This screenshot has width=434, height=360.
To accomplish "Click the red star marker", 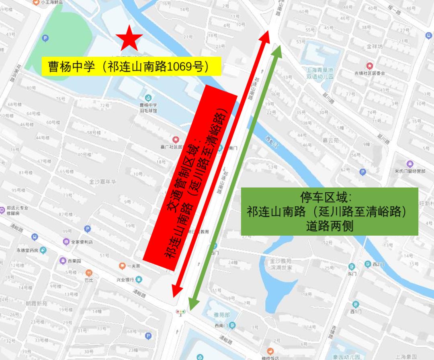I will [129, 38].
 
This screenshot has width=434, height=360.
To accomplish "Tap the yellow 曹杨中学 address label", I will [132, 67].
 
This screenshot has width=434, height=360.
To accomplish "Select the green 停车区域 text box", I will [330, 212].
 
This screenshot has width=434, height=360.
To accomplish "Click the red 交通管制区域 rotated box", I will [190, 175].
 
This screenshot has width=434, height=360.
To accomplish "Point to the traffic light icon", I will [180, 311].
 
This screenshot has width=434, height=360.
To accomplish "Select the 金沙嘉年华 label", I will [102, 181].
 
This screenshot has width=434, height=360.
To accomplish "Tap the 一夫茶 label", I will [133, 266].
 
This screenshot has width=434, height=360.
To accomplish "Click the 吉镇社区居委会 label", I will [369, 73].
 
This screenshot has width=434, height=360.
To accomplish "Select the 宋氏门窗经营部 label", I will [409, 171].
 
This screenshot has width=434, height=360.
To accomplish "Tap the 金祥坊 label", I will [375, 47].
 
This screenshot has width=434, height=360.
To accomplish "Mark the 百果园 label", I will [74, 261].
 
